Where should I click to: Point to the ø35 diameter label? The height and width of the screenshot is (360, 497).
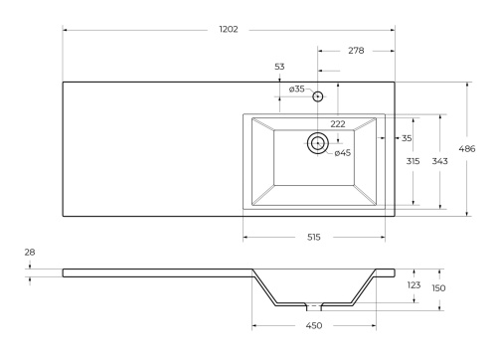(x=297, y=90)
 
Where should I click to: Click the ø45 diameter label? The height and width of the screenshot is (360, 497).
(x=341, y=152)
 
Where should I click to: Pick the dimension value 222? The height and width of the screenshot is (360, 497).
(x=338, y=124)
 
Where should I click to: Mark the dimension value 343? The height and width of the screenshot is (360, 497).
(x=437, y=161)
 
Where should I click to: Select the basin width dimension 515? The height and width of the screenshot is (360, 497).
(x=313, y=238)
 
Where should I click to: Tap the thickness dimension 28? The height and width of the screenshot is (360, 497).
(x=29, y=254)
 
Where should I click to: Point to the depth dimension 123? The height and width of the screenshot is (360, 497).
(x=414, y=285)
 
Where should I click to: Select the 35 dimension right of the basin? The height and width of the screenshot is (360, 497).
(x=407, y=138)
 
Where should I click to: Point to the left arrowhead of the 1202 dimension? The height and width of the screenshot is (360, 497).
(x=66, y=30)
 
